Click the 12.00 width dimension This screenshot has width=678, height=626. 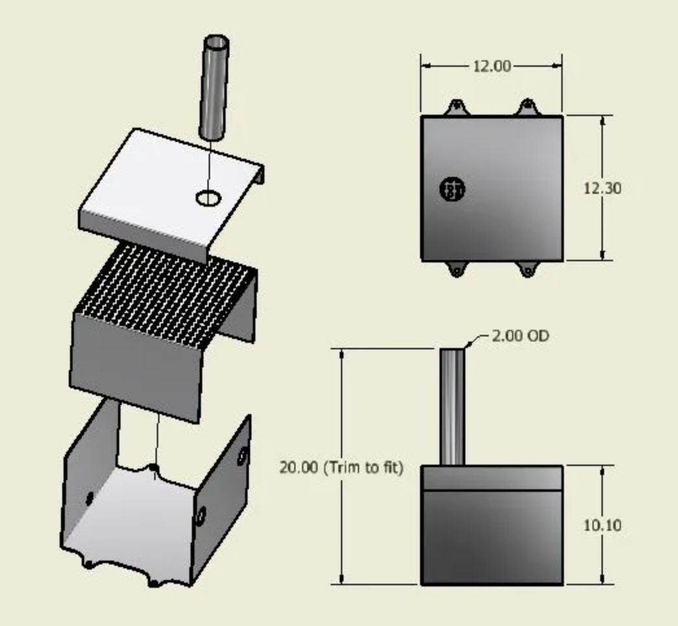click(491, 66)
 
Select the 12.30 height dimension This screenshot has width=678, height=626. click(602, 189)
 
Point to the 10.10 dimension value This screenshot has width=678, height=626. click(602, 525)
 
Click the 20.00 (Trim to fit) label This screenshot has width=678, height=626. click(341, 467)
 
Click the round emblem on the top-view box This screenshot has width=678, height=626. click(452, 189)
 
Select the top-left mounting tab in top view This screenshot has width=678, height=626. click(456, 106)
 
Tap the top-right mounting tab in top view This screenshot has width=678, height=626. click(528, 106)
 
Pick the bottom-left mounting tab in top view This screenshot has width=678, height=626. click(456, 269)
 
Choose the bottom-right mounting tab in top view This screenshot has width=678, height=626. click(528, 269)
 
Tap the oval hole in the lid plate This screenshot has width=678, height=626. click(208, 198)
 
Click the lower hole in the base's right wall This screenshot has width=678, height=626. click(201, 516)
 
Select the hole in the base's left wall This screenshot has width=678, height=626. click(89, 497)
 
